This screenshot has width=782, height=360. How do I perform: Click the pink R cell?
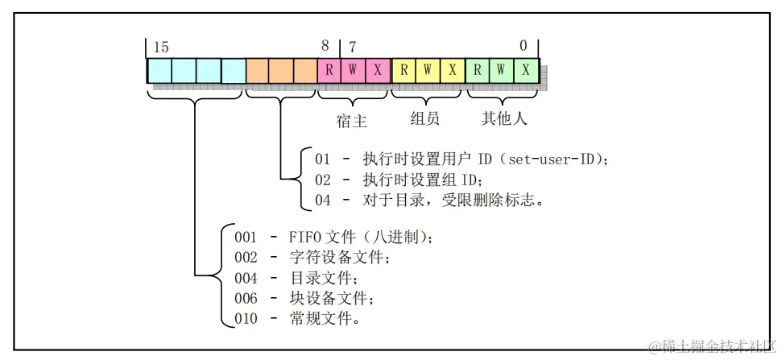coord(329,70)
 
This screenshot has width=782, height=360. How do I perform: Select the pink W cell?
coord(354,70)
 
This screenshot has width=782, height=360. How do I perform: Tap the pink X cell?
coord(378,70)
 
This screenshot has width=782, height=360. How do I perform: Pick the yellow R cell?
coord(403,70)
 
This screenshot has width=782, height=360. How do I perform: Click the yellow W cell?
coord(427,70)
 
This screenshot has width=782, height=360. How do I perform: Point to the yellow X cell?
coord(452,70)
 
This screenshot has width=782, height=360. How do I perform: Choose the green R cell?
coord(477,70)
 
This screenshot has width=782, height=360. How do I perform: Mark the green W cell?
coord(501,70)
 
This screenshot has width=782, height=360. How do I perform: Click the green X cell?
coord(526,70)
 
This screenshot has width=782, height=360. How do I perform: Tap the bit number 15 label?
coord(161,47)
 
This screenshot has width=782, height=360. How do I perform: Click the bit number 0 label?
coord(523,47)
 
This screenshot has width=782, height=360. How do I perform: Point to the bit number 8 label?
coord(325,47)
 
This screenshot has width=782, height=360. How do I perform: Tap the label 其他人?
coord(504,119)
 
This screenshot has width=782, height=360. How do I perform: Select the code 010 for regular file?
coord(246,319)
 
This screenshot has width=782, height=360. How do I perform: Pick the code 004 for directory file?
coord(246,279)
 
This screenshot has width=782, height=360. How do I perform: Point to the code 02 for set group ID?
coord(322,180)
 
